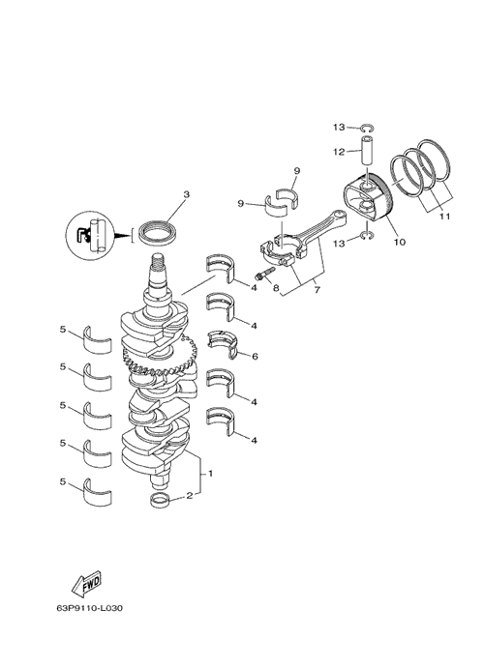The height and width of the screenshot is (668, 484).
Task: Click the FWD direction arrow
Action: point(86,582)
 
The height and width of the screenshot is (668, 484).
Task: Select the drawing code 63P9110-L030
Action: point(90,608)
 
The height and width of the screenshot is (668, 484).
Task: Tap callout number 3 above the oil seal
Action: point(186,194)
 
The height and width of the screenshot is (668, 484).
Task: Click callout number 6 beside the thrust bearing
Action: point(255,356)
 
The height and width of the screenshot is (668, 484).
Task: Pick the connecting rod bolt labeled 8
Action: point(264,274)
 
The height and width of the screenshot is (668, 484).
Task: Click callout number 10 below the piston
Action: point(400,243)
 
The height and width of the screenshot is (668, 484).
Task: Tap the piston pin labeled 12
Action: point(369,152)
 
